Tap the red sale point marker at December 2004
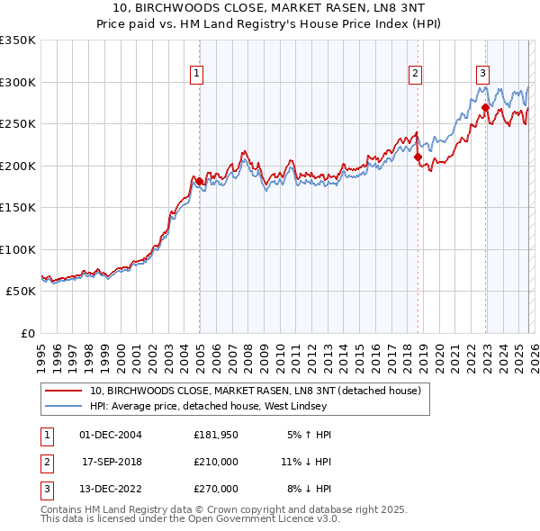(199, 181)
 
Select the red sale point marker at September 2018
(418, 157)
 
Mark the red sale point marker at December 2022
(485, 108)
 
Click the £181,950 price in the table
(216, 435)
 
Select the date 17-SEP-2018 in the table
(112, 462)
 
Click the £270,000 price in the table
(216, 489)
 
